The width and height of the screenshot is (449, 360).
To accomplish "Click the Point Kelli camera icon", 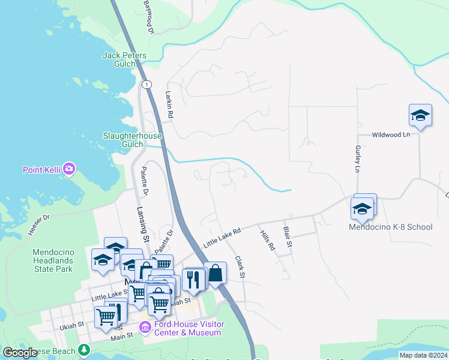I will click(69, 169).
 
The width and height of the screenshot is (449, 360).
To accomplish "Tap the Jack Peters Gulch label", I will click(124, 56).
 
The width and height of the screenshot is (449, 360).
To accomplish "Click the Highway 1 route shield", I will click(146, 85).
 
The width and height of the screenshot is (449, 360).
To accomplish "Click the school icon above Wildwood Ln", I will click(420, 115).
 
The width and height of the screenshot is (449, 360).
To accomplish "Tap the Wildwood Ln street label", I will click(390, 135).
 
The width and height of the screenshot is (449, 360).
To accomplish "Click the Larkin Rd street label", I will click(169, 104).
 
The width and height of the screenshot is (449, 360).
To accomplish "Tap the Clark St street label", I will click(240, 266).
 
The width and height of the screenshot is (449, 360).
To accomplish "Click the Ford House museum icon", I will click(144, 328).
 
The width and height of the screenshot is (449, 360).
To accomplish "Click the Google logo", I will click(20, 353).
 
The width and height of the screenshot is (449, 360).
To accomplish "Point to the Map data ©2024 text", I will click(423, 355).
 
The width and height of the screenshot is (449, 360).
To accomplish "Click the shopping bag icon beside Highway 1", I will click(215, 273).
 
